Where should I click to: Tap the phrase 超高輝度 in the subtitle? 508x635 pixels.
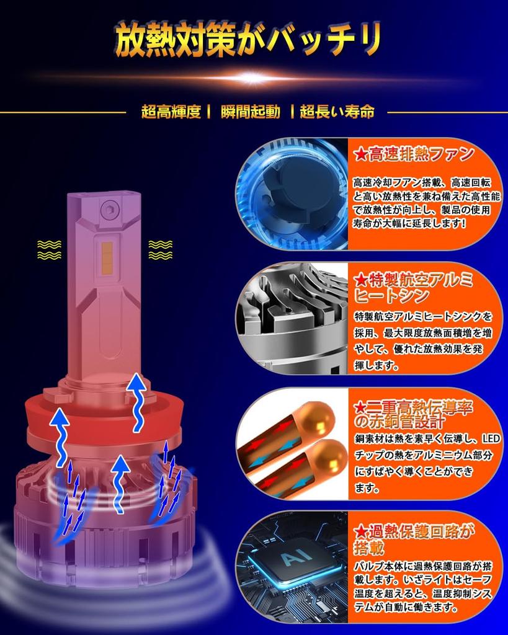(171, 112)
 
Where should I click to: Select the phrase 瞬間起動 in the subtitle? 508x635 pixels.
(249, 112)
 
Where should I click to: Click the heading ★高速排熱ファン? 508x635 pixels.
(413, 154)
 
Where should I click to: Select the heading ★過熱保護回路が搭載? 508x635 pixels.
(413, 538)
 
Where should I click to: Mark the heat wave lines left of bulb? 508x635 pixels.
(49, 249)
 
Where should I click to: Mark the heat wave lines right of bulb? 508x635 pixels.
(160, 249)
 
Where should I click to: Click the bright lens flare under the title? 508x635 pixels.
(253, 78)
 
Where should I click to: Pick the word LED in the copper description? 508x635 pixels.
(490, 439)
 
